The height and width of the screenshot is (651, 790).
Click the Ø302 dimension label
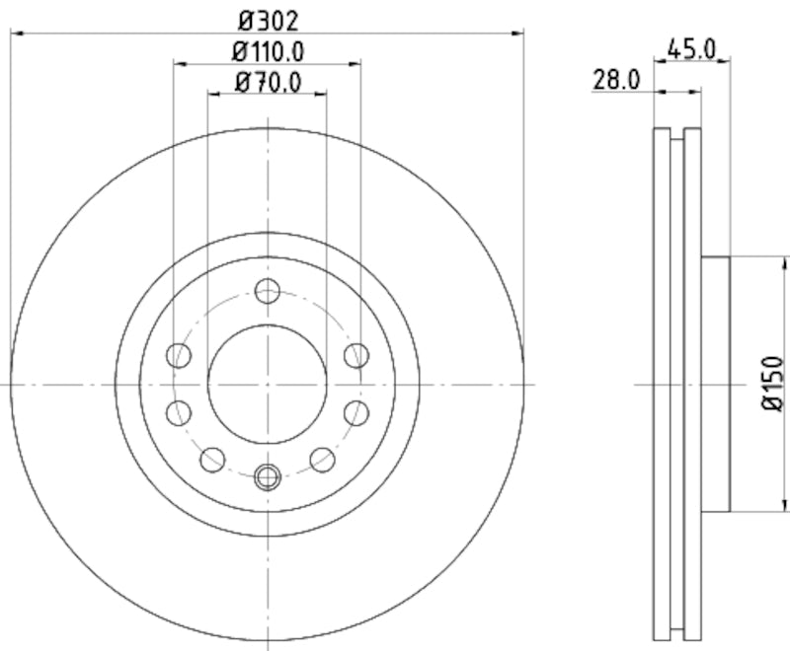pyautogui.click(x=268, y=20)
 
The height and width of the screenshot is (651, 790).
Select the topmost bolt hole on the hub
pyautogui.click(x=268, y=291)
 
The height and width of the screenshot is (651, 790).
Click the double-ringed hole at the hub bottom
pyautogui.click(x=268, y=477)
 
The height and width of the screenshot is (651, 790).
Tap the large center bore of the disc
pyautogui.click(x=268, y=384)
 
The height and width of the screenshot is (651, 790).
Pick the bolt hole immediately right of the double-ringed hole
pyautogui.click(x=322, y=459)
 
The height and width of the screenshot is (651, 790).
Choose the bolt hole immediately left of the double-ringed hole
pyautogui.click(x=212, y=459)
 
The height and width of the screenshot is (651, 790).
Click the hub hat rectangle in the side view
pyautogui.click(x=716, y=384)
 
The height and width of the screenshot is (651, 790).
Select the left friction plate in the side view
pyautogui.click(x=663, y=384)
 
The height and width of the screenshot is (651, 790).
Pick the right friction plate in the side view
pyautogui.click(x=693, y=384)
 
